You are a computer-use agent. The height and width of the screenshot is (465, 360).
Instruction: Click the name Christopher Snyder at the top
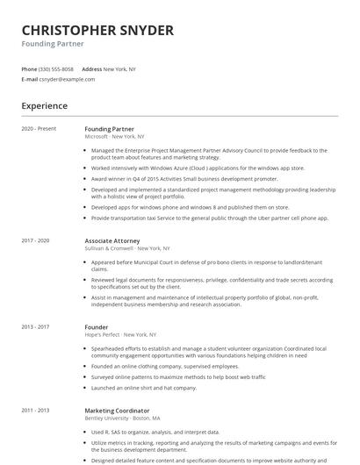(x=97, y=31)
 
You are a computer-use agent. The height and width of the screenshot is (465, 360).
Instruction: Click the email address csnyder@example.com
(x=67, y=79)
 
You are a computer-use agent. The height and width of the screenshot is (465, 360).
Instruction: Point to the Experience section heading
(x=45, y=106)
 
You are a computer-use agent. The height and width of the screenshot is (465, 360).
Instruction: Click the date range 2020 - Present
(x=39, y=129)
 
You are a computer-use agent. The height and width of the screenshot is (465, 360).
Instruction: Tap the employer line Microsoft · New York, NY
(x=114, y=137)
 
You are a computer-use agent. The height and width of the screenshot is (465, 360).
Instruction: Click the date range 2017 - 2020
(x=36, y=240)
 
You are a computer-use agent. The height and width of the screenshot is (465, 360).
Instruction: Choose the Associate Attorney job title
(x=112, y=240)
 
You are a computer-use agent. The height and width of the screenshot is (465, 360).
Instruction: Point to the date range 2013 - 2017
(x=36, y=326)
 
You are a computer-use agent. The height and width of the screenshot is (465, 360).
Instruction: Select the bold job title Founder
(x=97, y=326)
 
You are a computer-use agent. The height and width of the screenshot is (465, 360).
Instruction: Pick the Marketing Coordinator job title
(x=117, y=411)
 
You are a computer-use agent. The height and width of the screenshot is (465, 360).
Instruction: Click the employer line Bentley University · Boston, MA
(x=124, y=418)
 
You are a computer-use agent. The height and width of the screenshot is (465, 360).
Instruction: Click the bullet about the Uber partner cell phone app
(x=209, y=218)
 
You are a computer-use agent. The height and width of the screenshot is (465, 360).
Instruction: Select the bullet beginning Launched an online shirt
(x=144, y=388)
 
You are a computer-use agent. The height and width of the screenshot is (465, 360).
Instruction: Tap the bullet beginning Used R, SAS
(x=155, y=432)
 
